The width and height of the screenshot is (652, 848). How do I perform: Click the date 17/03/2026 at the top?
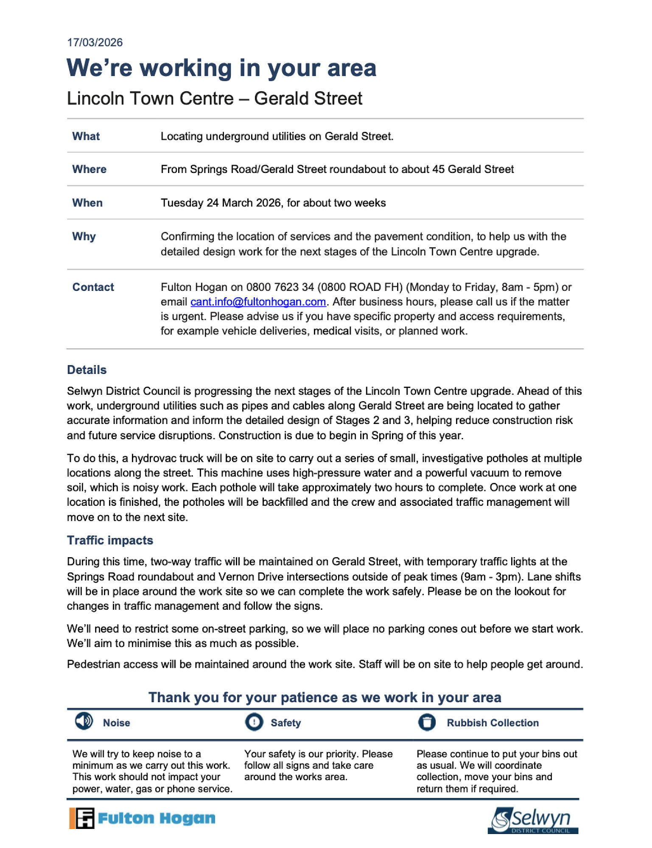(x=95, y=42)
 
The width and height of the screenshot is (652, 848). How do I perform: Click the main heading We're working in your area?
(x=221, y=68)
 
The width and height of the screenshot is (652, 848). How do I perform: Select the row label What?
(x=86, y=136)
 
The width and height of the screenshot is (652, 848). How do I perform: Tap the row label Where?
(x=89, y=169)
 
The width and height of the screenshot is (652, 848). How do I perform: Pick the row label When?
(x=87, y=203)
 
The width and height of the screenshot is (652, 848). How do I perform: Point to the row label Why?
(x=84, y=236)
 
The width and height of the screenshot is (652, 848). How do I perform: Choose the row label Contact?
(x=93, y=287)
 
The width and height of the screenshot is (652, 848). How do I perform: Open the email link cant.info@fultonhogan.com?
(x=258, y=302)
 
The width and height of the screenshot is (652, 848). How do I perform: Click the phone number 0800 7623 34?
(x=280, y=287)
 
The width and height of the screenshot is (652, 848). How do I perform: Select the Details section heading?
(x=87, y=370)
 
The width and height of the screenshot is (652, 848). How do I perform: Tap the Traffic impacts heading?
(x=110, y=540)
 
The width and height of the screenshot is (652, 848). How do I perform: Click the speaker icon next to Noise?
(x=84, y=721)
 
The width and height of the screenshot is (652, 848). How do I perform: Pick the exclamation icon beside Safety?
(x=254, y=722)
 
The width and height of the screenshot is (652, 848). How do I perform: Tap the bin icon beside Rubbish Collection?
(x=427, y=722)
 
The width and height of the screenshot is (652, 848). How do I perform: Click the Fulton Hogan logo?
(x=142, y=818)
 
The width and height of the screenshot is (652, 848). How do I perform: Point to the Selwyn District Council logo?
(x=533, y=820)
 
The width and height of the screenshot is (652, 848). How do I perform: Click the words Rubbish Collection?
(x=492, y=723)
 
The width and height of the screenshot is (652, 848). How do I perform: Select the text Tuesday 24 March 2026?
(x=221, y=203)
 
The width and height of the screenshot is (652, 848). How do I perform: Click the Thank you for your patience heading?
(x=325, y=697)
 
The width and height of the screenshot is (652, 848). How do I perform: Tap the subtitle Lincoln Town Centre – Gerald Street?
(x=214, y=98)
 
